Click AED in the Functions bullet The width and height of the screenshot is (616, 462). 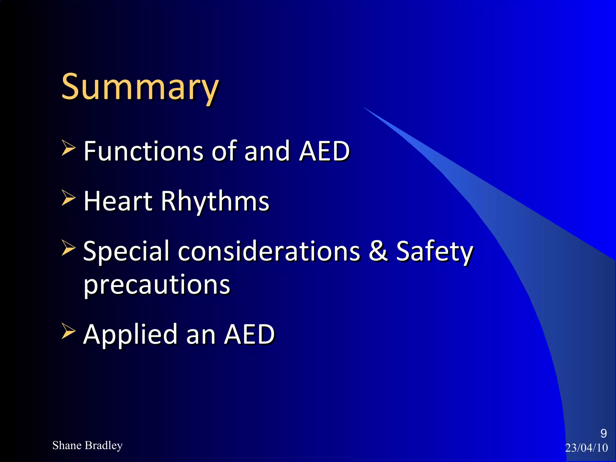click(x=325, y=151)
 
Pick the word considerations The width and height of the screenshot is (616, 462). click(x=269, y=251)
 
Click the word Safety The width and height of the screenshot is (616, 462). click(x=434, y=251)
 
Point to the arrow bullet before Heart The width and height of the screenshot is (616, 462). click(x=68, y=198)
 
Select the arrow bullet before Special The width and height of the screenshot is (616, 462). click(x=68, y=248)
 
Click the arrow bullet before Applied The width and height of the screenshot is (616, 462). click(x=68, y=331)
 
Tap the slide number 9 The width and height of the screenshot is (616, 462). click(x=603, y=433)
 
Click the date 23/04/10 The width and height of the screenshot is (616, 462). click(x=587, y=448)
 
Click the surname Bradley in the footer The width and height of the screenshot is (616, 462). click(x=104, y=445)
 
